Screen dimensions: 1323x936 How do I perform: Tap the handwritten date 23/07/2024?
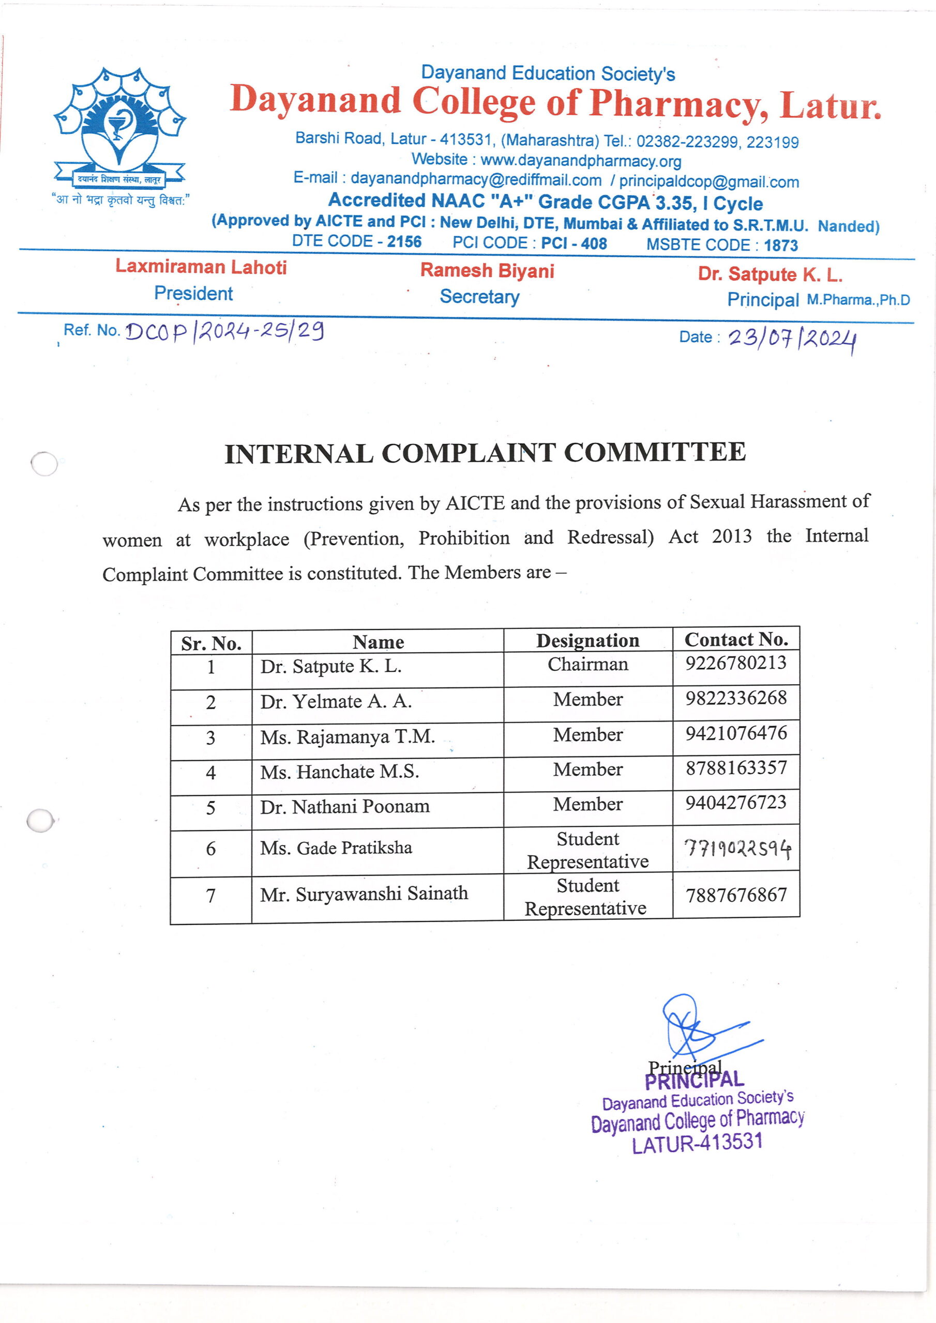791,340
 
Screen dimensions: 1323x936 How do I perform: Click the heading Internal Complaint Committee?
485,453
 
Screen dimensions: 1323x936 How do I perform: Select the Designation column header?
587,641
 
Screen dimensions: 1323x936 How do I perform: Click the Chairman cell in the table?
587,665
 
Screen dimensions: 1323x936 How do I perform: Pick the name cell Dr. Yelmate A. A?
336,702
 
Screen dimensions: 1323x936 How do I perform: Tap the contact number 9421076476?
736,733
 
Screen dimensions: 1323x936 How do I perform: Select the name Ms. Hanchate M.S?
339,772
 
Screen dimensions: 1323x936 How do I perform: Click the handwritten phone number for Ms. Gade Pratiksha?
737,849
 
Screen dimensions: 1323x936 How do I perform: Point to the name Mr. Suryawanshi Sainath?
364,894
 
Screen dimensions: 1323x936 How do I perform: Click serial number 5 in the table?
210,808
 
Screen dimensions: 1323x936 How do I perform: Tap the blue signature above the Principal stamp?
698,1031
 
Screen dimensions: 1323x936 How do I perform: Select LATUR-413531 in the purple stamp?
697,1143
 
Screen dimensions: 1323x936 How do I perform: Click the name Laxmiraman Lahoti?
201,267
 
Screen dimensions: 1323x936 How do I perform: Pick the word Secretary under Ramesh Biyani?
479,297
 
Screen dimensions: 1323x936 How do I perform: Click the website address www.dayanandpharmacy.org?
580,161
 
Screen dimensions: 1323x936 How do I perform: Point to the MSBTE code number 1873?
780,245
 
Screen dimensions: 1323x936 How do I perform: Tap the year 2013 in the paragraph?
731,536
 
